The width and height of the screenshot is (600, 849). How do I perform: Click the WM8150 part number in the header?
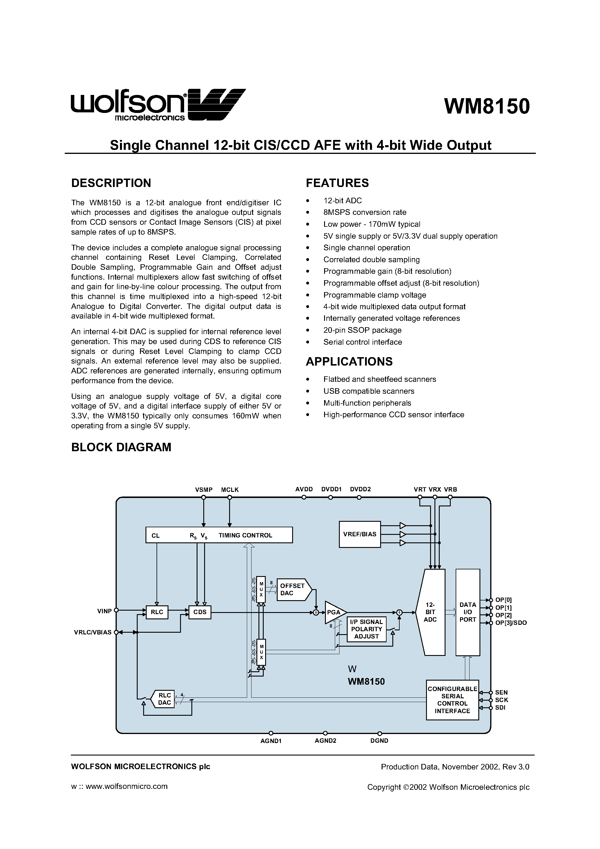(x=486, y=107)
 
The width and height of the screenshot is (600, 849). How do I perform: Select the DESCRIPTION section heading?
(x=111, y=183)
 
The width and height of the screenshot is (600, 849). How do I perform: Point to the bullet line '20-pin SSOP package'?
(x=362, y=330)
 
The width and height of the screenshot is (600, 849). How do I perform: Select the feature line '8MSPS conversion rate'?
(x=364, y=212)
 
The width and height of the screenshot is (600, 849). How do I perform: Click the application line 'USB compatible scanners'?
(x=369, y=391)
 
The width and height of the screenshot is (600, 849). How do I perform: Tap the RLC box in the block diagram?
(x=157, y=612)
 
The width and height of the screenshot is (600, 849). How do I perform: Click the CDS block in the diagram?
(x=200, y=612)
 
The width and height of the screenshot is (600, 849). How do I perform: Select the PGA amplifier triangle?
(x=334, y=612)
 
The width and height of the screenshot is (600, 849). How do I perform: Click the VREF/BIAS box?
(x=360, y=534)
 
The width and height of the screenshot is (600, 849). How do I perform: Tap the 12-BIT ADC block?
(x=431, y=612)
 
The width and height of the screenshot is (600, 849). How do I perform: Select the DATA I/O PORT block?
(x=468, y=612)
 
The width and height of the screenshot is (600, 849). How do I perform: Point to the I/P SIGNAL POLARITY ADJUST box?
(x=366, y=629)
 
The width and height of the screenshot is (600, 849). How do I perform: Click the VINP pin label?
(x=104, y=611)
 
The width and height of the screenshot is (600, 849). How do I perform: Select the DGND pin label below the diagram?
(x=379, y=741)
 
